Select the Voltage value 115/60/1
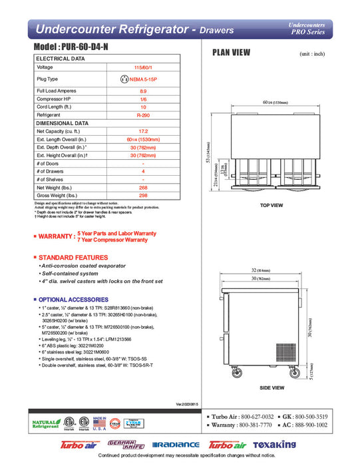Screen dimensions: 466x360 click(143, 67)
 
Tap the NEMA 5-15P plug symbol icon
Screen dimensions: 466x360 click(124, 79)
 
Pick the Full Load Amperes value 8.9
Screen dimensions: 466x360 click(143, 90)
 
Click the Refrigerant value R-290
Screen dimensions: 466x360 click(143, 115)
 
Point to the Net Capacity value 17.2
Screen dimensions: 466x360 click(143, 131)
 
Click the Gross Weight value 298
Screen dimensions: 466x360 click(143, 196)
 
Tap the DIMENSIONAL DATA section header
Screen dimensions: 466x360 click(63, 123)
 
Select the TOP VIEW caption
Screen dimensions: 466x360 click(271, 206)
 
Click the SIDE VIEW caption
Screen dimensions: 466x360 click(271, 387)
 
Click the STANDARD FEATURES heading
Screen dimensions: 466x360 click(71, 257)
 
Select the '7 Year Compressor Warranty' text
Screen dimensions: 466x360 click(112, 240)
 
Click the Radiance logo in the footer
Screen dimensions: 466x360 click(176, 445)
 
